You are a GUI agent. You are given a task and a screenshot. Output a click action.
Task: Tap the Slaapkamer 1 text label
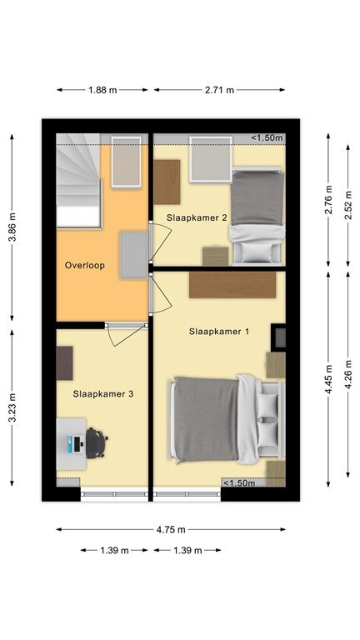tap(219, 332)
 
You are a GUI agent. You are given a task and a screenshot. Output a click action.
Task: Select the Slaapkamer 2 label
tap(197, 217)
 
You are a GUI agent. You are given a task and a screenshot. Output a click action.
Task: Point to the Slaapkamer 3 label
tap(103, 393)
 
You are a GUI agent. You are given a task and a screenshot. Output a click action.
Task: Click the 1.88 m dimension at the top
tap(103, 90)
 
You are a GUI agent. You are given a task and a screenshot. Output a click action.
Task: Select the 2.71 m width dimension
tap(218, 90)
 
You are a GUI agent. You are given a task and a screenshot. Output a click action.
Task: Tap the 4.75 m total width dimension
tap(171, 529)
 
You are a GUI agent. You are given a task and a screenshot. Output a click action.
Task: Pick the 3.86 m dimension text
tap(11, 226)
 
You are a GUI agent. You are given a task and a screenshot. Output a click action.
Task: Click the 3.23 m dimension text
tap(11, 408)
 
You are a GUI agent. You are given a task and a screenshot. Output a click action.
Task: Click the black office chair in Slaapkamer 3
tap(96, 443)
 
